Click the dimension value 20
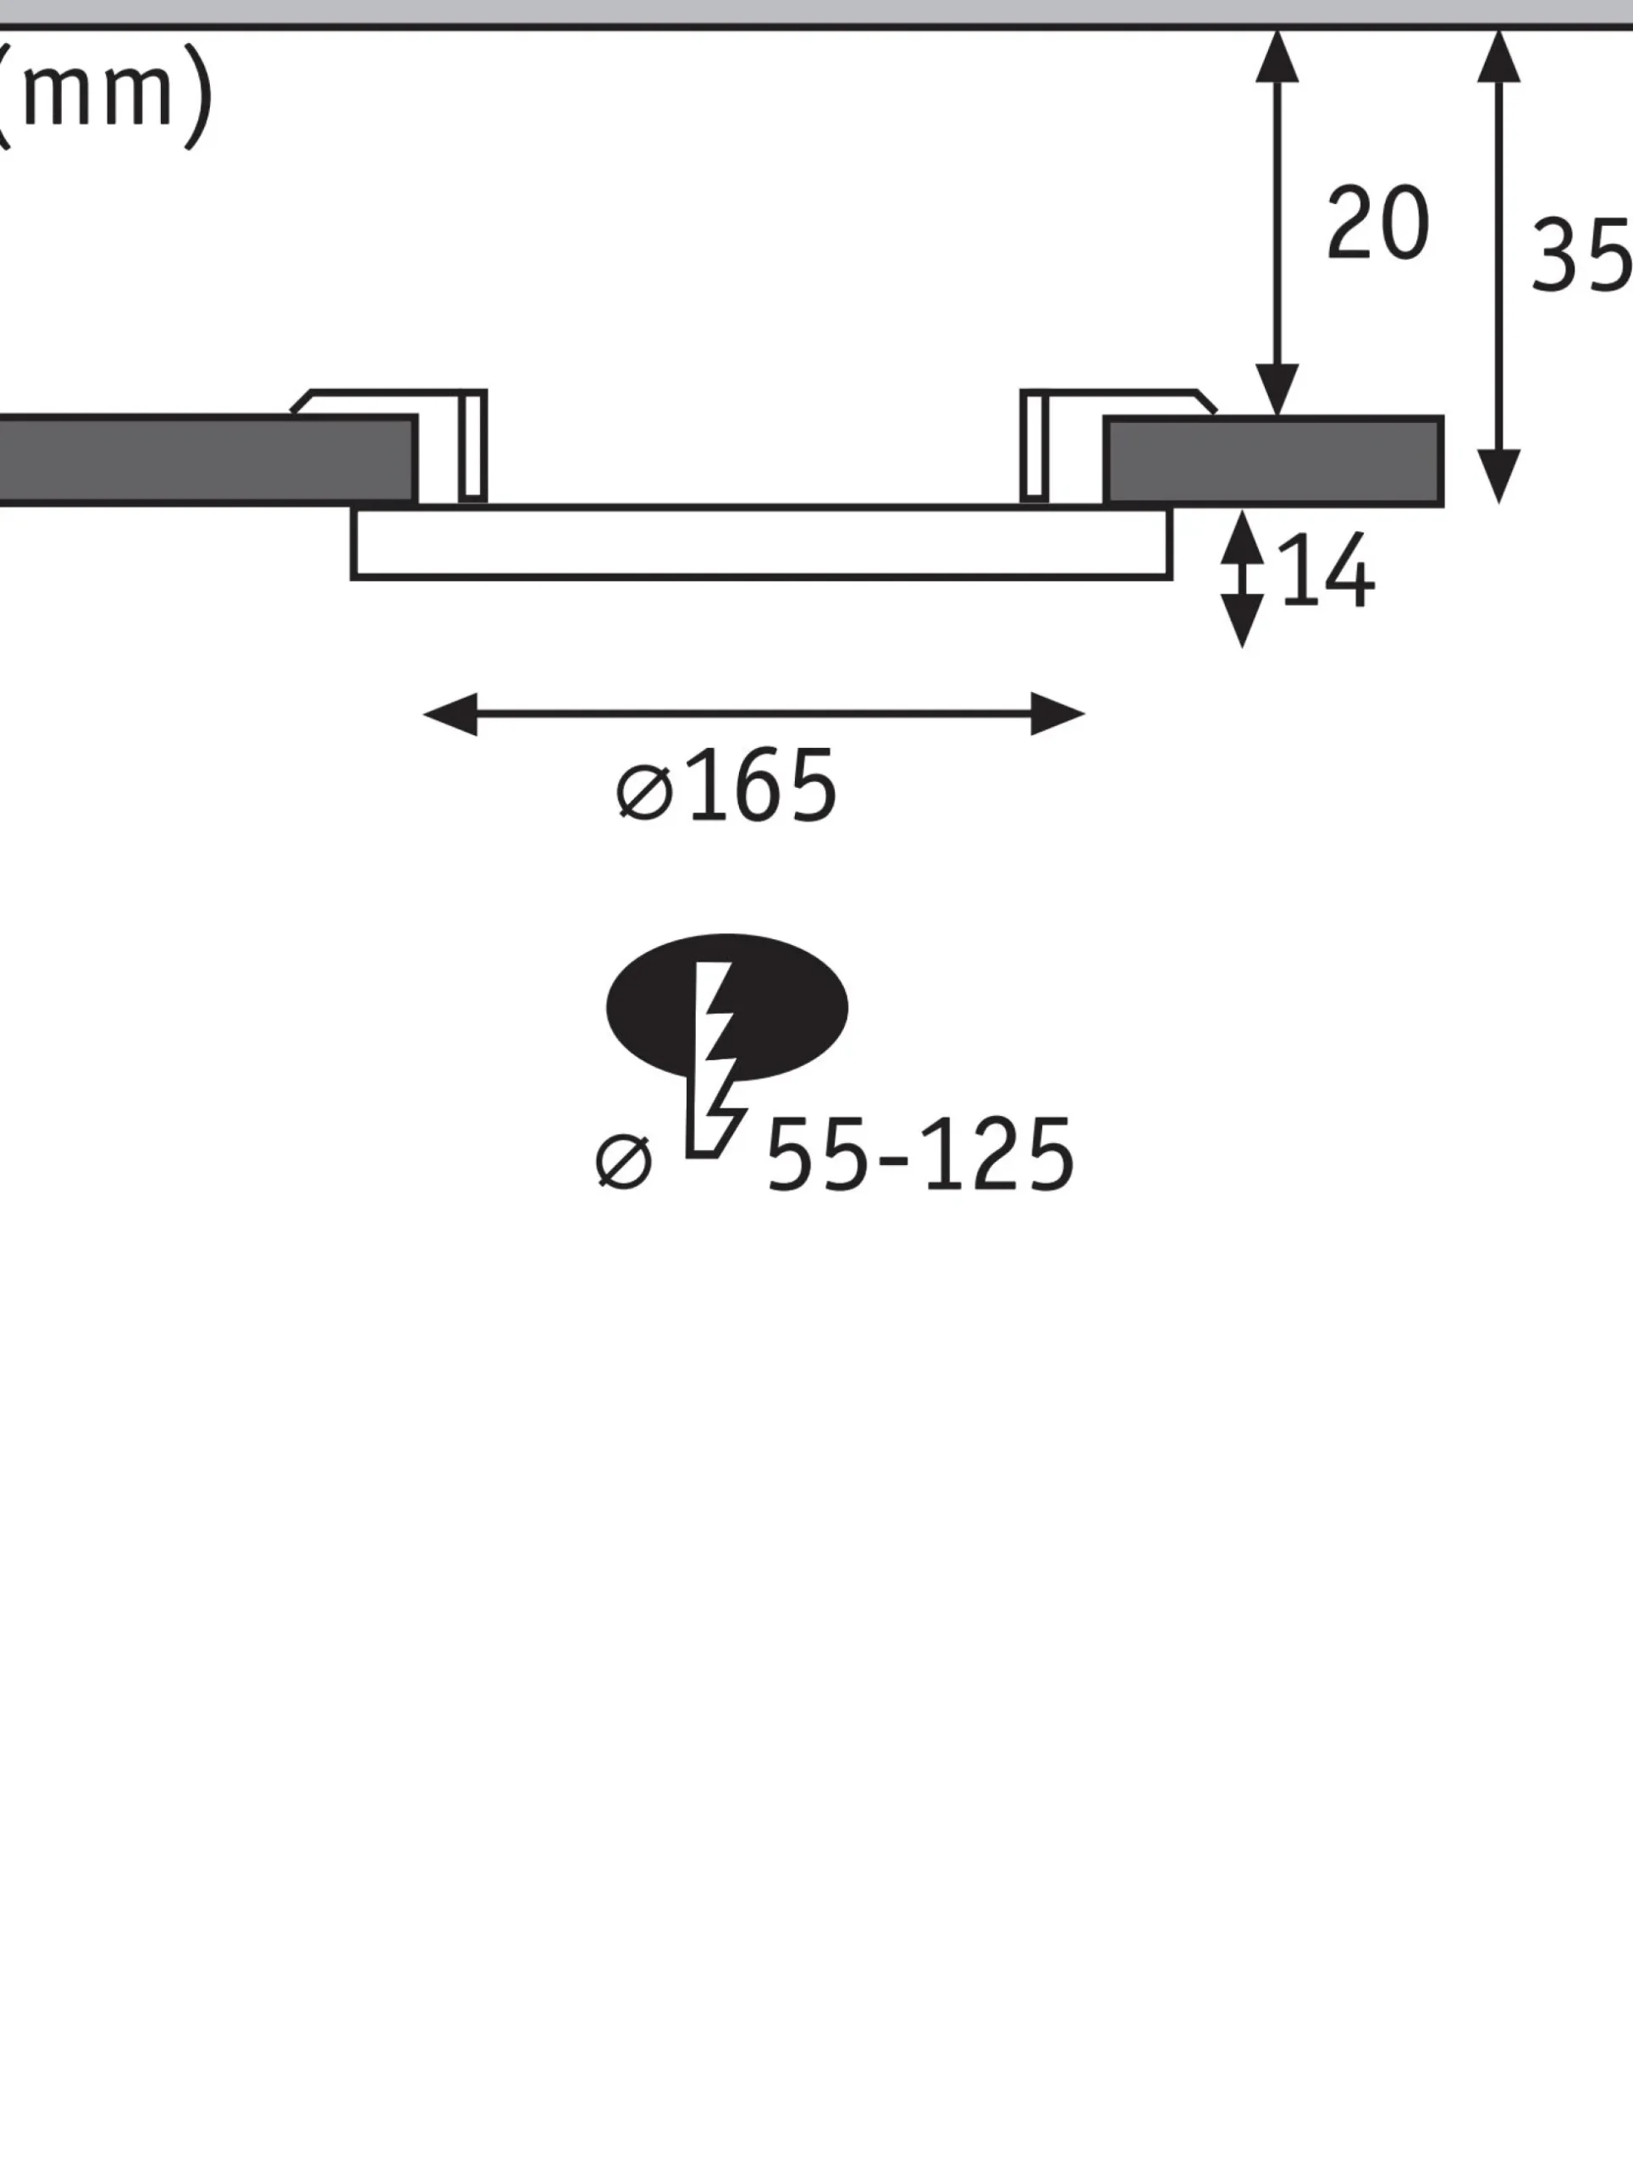point(1377,223)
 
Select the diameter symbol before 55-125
point(623,1162)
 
